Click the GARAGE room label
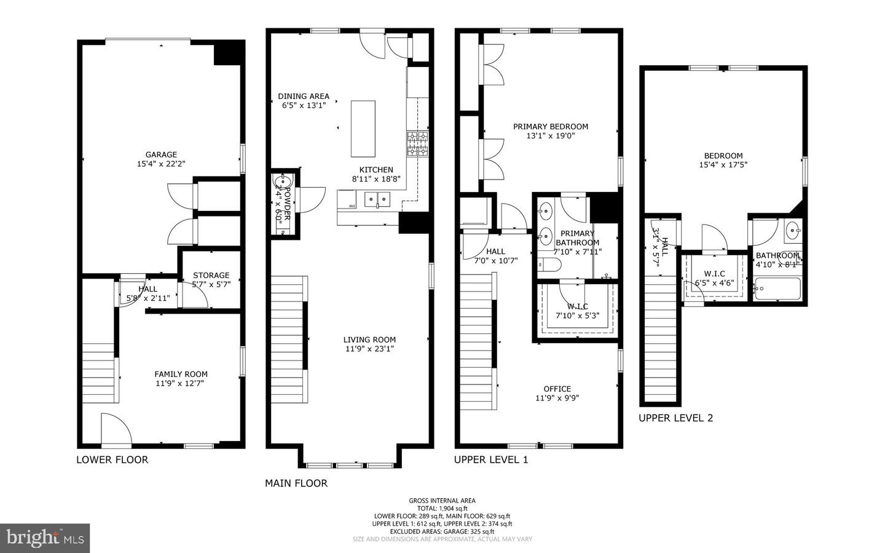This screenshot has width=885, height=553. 161,155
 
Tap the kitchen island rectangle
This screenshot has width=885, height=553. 363,129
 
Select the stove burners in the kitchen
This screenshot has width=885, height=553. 417,143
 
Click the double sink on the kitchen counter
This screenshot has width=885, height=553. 377,199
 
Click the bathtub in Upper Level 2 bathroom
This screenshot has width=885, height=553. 777,288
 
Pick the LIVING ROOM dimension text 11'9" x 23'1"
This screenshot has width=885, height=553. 369,349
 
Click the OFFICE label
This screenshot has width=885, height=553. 557,389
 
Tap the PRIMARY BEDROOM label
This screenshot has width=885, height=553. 551,127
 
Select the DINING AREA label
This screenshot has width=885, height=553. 304,96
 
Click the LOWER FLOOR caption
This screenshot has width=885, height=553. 112,460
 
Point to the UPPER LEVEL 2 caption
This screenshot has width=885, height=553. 675,418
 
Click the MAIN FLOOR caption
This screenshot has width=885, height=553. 296,483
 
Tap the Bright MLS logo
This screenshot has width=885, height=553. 45,538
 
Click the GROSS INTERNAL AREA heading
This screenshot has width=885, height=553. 442,501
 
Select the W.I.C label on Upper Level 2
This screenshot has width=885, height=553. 714,274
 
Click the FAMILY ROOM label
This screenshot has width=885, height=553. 181,374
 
